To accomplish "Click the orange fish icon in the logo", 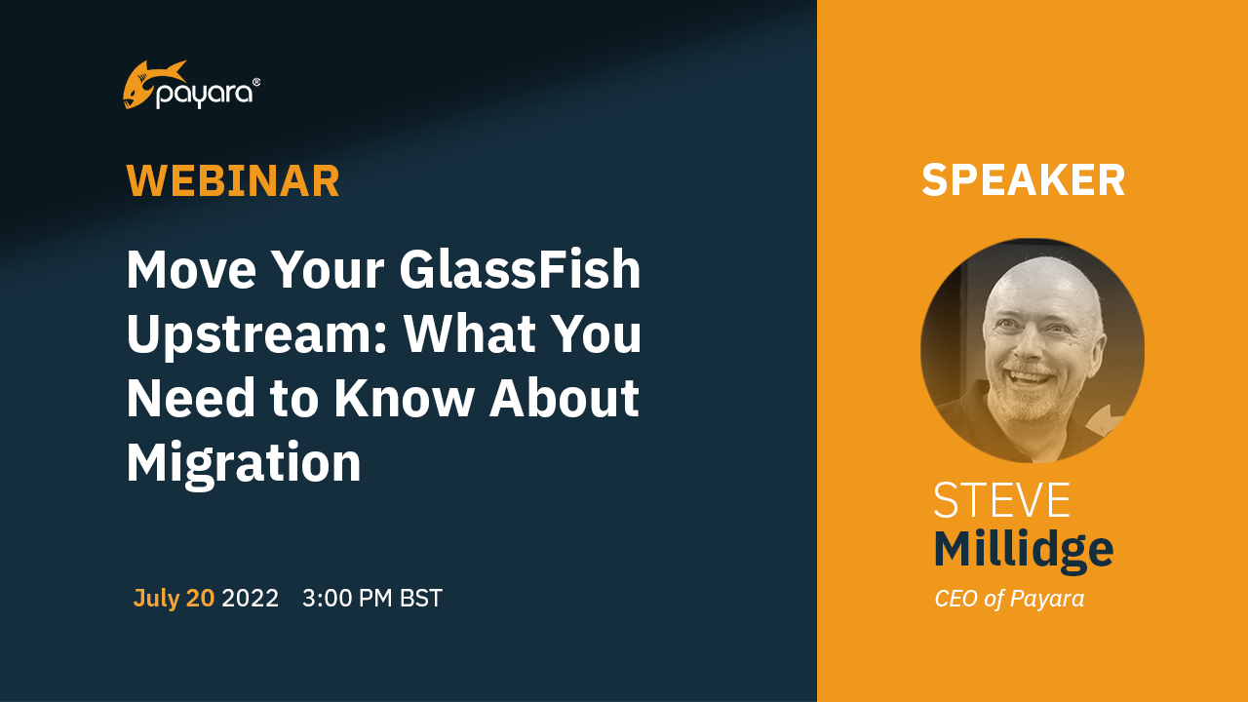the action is [x=150, y=84].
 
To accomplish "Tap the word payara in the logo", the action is [x=205, y=94].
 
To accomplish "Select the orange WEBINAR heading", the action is [x=233, y=181].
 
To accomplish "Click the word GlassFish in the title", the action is [x=521, y=270].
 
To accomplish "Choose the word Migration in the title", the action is [x=244, y=463].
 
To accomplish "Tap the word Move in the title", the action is [x=190, y=270].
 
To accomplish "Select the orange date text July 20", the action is [x=174, y=599].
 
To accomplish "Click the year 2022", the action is [x=251, y=599].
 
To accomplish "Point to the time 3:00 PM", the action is [x=347, y=599].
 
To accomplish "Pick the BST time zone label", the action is [x=421, y=599].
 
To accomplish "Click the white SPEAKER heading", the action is [x=1024, y=180].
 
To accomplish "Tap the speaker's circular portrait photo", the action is [x=1033, y=351].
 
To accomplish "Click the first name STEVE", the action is [x=1001, y=500].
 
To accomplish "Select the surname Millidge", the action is [x=1024, y=551].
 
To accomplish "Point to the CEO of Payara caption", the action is [x=1009, y=599].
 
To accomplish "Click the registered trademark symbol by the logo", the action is [x=256, y=82].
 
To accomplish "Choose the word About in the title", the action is [x=565, y=398].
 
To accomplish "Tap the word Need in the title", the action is [x=190, y=398].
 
